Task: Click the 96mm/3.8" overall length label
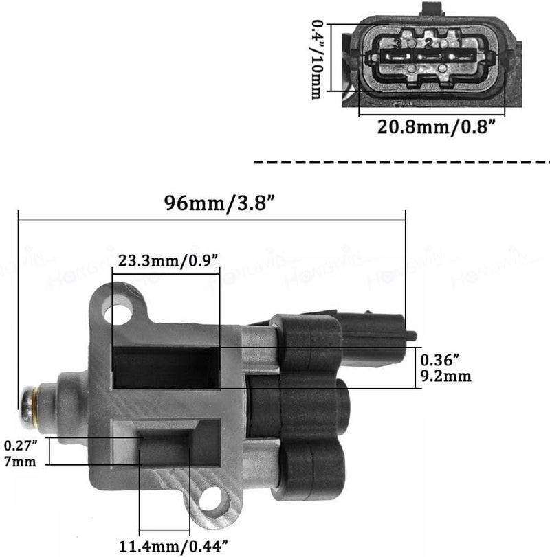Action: coord(211,203)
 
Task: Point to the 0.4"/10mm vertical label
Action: coord(317,59)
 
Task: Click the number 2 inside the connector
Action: coord(428,43)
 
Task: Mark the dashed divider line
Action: coord(402,163)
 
